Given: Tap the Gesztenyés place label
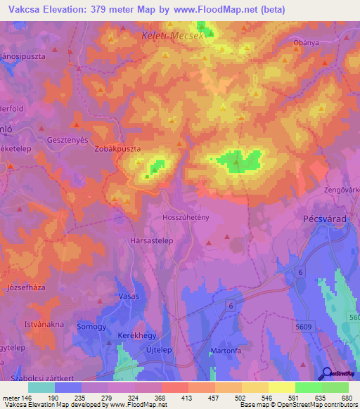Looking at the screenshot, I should (x=67, y=140).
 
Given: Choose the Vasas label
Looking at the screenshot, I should (x=129, y=296).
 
